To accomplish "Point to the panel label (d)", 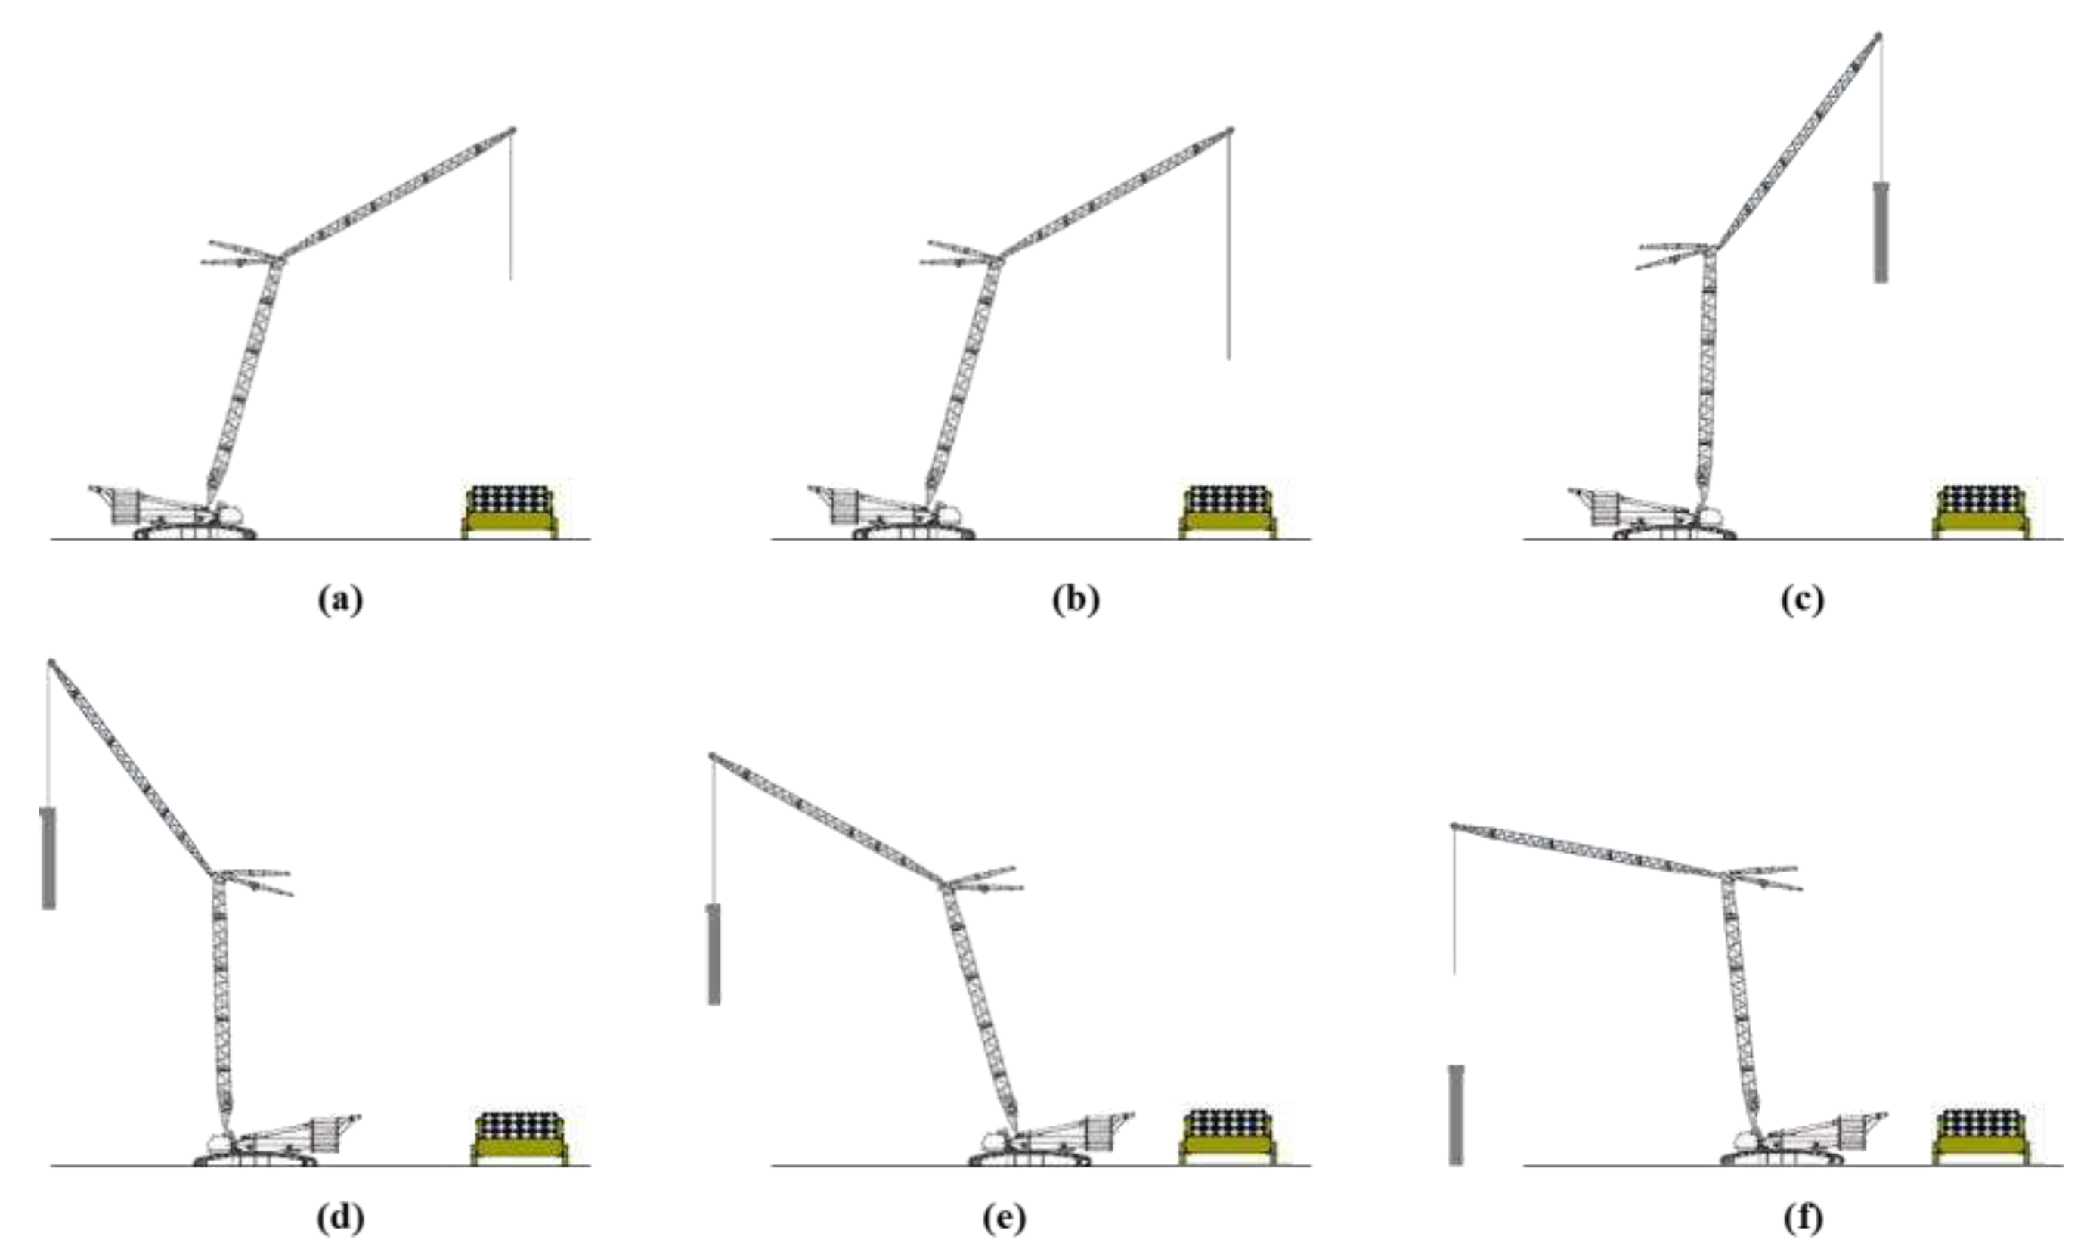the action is pos(341,1218).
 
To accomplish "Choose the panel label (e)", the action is pos(1004,1218).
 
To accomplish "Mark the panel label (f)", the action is pos(1802,1218).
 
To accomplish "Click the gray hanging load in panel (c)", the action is pos(1881,232).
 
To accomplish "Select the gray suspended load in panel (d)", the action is pos(49,858).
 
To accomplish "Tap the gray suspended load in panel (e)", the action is pos(714,954).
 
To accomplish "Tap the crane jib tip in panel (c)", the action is pos(1878,36).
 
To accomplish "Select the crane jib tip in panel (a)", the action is pos(512,130).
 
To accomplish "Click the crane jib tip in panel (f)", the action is pos(1454,825).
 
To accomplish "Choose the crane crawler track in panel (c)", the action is pos(1674,534).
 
